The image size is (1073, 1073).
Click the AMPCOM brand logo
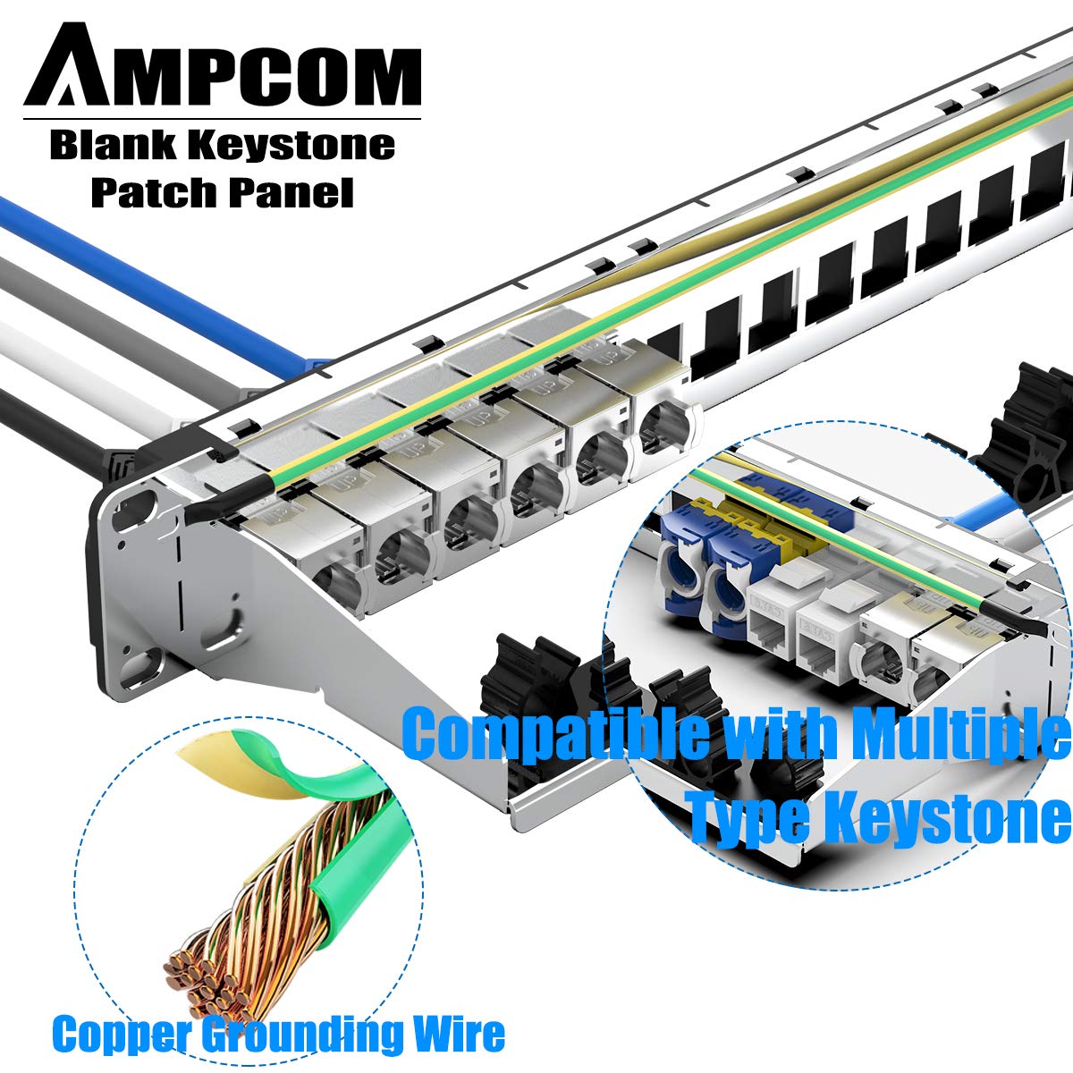pos(223,67)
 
